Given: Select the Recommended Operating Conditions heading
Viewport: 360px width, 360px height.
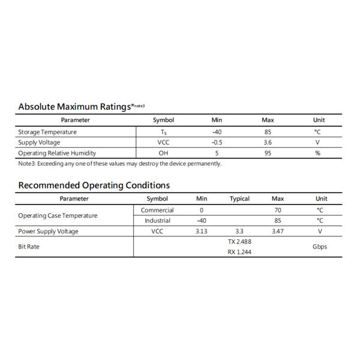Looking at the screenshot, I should point(94,185).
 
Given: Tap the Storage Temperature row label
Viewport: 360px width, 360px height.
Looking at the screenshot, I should point(47,132).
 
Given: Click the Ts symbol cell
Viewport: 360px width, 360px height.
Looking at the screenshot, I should point(163,132).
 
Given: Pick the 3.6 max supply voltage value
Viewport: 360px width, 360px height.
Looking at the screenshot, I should point(268,142).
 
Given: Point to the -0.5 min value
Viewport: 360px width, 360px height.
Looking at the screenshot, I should point(217,142).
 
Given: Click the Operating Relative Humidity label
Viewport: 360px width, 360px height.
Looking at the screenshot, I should point(57,153).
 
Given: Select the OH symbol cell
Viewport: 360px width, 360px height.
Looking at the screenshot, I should point(163,153).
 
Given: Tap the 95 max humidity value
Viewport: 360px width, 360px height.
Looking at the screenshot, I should point(268,153).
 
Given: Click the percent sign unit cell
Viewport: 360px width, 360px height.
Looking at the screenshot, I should point(318,153).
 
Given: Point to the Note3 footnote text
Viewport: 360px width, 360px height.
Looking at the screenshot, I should point(120,163).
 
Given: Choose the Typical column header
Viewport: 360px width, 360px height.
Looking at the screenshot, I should point(239,199).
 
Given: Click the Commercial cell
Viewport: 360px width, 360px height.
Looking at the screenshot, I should point(157,210).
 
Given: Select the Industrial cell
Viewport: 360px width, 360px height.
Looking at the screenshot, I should point(157,220).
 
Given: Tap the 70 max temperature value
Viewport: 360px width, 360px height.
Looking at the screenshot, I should point(277,210).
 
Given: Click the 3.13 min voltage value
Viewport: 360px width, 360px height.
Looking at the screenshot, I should point(202,231).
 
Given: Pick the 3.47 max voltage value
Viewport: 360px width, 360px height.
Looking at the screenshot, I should point(277,231).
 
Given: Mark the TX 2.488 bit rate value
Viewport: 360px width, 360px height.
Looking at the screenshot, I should point(239,241).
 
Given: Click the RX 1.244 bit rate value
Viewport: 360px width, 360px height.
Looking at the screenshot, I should point(239,252).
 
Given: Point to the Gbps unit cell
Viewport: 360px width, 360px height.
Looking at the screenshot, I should point(320,247).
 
